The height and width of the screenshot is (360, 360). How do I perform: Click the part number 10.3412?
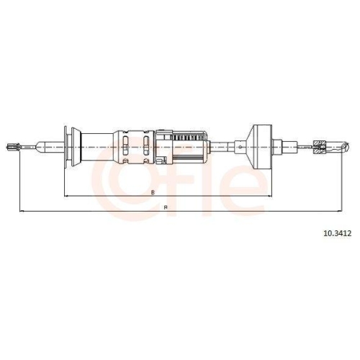(x=338, y=233)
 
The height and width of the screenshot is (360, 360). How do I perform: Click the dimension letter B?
(x=153, y=192)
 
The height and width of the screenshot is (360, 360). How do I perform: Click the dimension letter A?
(x=166, y=207)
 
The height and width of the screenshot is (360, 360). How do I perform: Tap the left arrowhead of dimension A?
(x=22, y=212)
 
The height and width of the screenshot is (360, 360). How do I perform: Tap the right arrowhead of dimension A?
(x=340, y=212)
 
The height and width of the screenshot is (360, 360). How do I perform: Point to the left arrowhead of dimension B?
(x=66, y=197)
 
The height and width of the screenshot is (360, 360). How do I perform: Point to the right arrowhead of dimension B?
(x=269, y=197)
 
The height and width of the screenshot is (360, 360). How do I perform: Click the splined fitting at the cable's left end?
(x=13, y=147)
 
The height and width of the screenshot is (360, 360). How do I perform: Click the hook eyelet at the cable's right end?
(x=345, y=147)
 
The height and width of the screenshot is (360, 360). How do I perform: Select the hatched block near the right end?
(x=320, y=147)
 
